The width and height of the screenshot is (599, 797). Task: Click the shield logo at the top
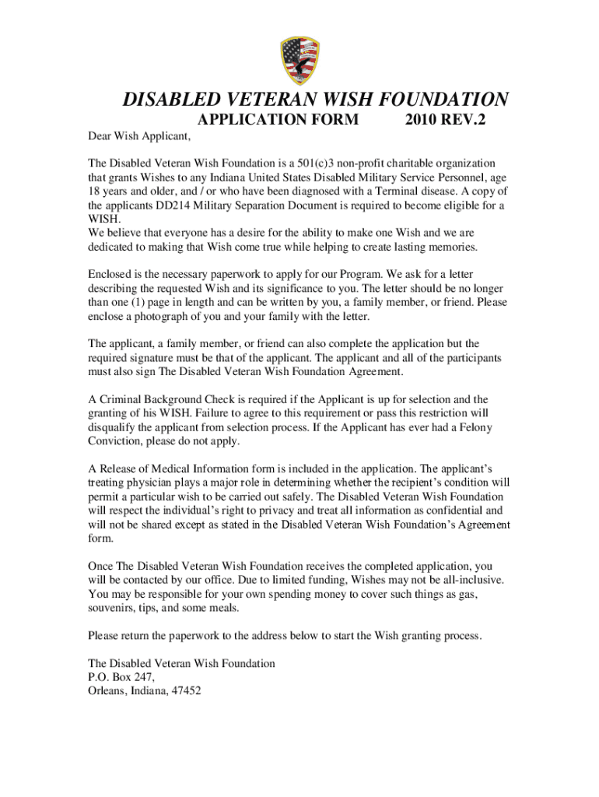click(299, 61)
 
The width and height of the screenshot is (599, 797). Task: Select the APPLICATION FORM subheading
click(278, 120)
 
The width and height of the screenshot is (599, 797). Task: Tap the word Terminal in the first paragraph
click(420, 191)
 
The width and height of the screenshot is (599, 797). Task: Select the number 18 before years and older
click(94, 191)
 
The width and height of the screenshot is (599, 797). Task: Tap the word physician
click(154, 483)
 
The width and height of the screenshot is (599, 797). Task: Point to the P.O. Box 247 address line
click(117, 677)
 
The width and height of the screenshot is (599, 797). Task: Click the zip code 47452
click(185, 691)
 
